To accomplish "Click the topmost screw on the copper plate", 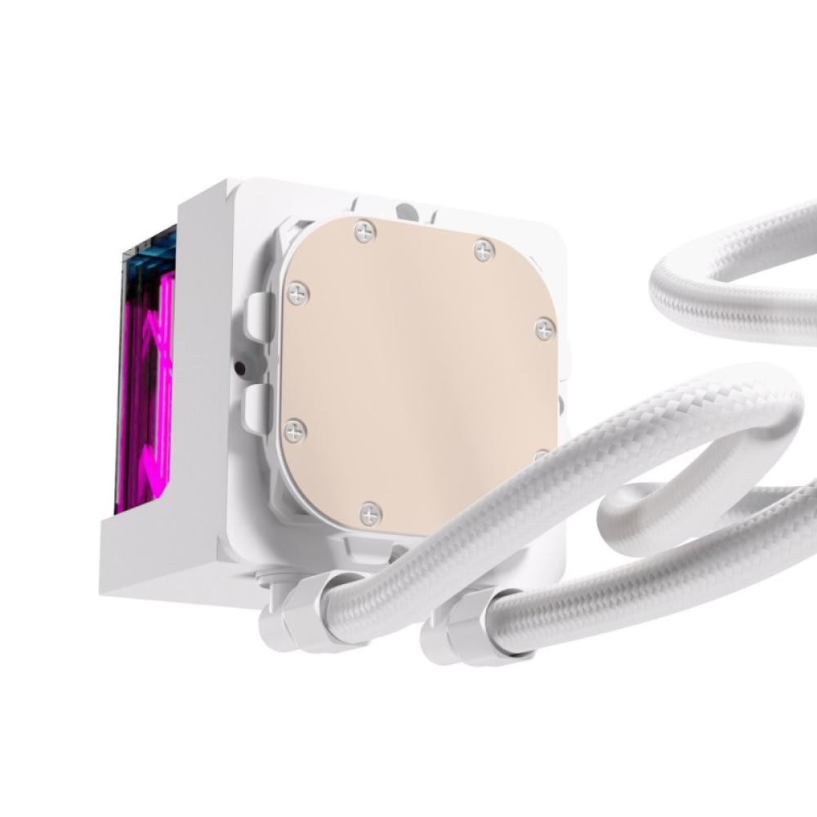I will (365, 233).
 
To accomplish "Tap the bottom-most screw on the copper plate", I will (370, 513).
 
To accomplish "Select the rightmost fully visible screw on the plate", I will (545, 329).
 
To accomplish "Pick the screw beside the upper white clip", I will (297, 293).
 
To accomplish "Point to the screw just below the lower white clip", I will (294, 430).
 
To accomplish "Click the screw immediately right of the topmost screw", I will (484, 249).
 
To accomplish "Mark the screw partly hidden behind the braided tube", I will (541, 454).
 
